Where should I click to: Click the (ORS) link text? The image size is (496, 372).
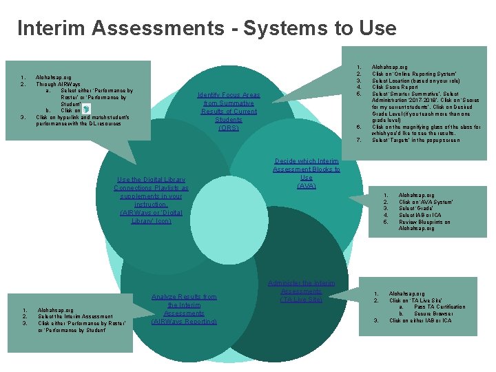pos(228,128)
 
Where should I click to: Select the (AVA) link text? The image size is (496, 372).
pos(306,186)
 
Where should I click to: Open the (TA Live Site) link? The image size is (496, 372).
pos(301,300)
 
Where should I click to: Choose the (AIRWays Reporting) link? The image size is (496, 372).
pos(184,322)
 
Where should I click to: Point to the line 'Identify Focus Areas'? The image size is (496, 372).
pos(229,95)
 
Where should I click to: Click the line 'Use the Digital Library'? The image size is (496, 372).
pos(151,180)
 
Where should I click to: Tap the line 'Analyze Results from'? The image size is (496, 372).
pos(184,297)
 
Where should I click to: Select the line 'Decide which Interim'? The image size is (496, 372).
pos(307,161)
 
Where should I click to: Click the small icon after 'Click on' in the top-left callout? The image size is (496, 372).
pos(85,110)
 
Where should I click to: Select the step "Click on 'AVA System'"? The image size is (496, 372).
pos(426,202)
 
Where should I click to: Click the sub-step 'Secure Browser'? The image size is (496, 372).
pos(434,314)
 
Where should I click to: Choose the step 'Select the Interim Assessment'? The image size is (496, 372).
pos(76,316)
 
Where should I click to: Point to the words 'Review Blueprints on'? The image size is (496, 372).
pos(424,222)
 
